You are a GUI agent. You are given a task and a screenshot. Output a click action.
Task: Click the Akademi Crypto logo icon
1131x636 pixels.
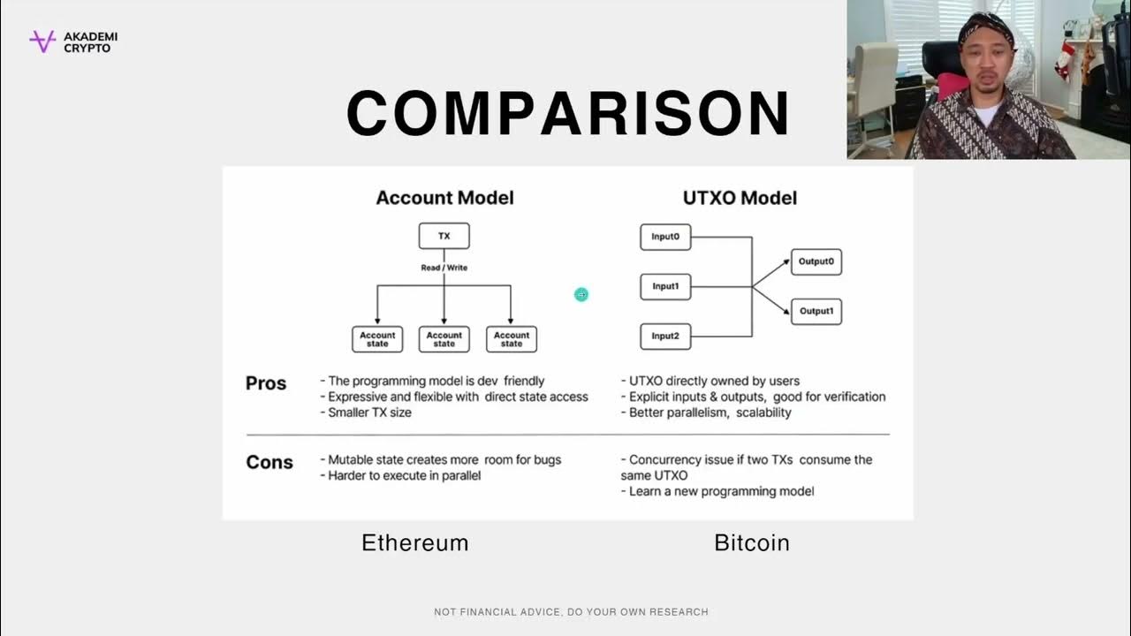pyautogui.click(x=42, y=42)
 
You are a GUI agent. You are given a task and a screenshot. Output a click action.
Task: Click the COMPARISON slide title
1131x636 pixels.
pyautogui.click(x=567, y=113)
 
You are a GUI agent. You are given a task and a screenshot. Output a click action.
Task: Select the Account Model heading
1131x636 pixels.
pyautogui.click(x=444, y=198)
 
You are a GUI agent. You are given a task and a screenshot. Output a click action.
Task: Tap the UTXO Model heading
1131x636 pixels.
pyautogui.click(x=740, y=198)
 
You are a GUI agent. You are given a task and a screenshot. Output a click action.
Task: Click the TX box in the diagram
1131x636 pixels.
pyautogui.click(x=444, y=236)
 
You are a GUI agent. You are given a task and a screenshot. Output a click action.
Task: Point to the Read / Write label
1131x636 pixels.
pyautogui.click(x=444, y=267)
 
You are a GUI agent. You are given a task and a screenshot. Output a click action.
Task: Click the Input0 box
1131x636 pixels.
pyautogui.click(x=665, y=237)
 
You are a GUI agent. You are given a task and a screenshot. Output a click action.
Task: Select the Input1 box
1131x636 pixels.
pyautogui.click(x=665, y=286)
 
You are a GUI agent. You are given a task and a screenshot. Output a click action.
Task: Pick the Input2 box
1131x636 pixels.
pyautogui.click(x=665, y=336)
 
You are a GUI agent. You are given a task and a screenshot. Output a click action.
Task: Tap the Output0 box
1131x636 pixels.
pyautogui.click(x=816, y=261)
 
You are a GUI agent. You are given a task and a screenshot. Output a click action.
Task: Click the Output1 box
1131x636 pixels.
pyautogui.click(x=816, y=311)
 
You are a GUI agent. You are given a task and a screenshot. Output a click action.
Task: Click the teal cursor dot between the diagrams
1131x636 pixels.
pyautogui.click(x=581, y=294)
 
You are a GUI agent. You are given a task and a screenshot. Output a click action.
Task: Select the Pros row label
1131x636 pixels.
pyautogui.click(x=266, y=383)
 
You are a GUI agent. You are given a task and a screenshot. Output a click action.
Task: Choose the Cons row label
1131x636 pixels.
pyautogui.click(x=269, y=462)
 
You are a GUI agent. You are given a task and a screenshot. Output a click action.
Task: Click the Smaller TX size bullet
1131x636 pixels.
pyautogui.click(x=369, y=413)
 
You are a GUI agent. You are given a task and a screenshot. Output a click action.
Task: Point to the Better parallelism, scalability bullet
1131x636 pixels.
pyautogui.click(x=710, y=413)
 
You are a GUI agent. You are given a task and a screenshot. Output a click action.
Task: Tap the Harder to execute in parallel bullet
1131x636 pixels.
pyautogui.click(x=405, y=476)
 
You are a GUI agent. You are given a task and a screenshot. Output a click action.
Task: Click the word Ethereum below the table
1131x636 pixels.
pyautogui.click(x=414, y=542)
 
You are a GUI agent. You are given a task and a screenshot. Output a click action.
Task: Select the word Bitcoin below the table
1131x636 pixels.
pyautogui.click(x=751, y=542)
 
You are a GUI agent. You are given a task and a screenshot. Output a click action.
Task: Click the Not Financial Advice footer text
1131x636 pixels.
pyautogui.click(x=571, y=612)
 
